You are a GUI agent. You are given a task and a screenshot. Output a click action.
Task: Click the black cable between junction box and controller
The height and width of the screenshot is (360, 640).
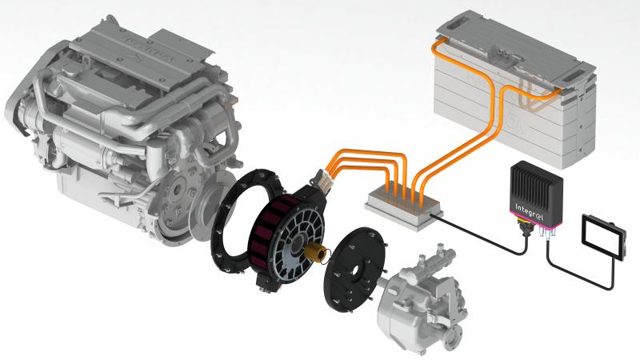point(480,228)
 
